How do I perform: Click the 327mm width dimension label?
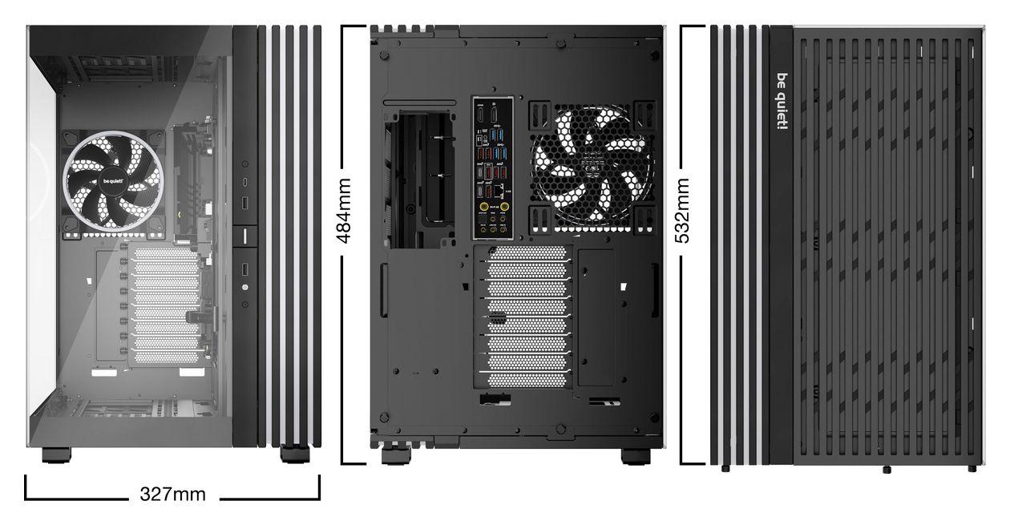point(172,495)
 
